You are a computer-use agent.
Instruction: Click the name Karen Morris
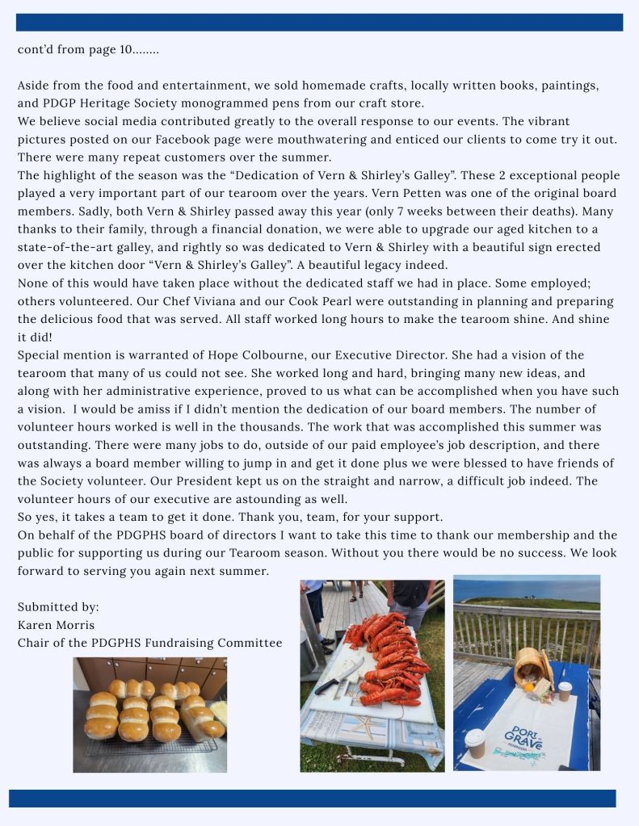click(x=56, y=625)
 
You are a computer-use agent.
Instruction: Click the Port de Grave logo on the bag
click(x=524, y=736)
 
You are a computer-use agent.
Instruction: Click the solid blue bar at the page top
click(x=319, y=22)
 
